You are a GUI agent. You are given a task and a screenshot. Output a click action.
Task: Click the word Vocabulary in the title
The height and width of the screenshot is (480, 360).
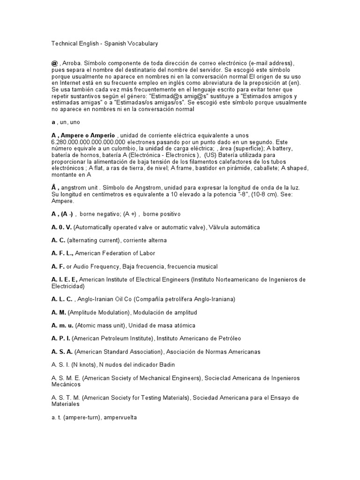point(142,44)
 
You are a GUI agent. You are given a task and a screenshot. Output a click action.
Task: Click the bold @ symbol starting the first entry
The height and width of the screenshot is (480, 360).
point(54,63)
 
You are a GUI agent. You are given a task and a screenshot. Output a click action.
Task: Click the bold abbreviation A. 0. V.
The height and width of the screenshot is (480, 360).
point(62,227)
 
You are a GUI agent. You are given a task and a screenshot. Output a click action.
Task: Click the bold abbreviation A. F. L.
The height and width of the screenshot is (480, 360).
point(62,254)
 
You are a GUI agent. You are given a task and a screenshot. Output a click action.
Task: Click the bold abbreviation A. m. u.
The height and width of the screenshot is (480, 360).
point(63,325)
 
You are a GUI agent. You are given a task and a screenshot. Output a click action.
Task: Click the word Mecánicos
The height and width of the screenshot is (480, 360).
point(66,384)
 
